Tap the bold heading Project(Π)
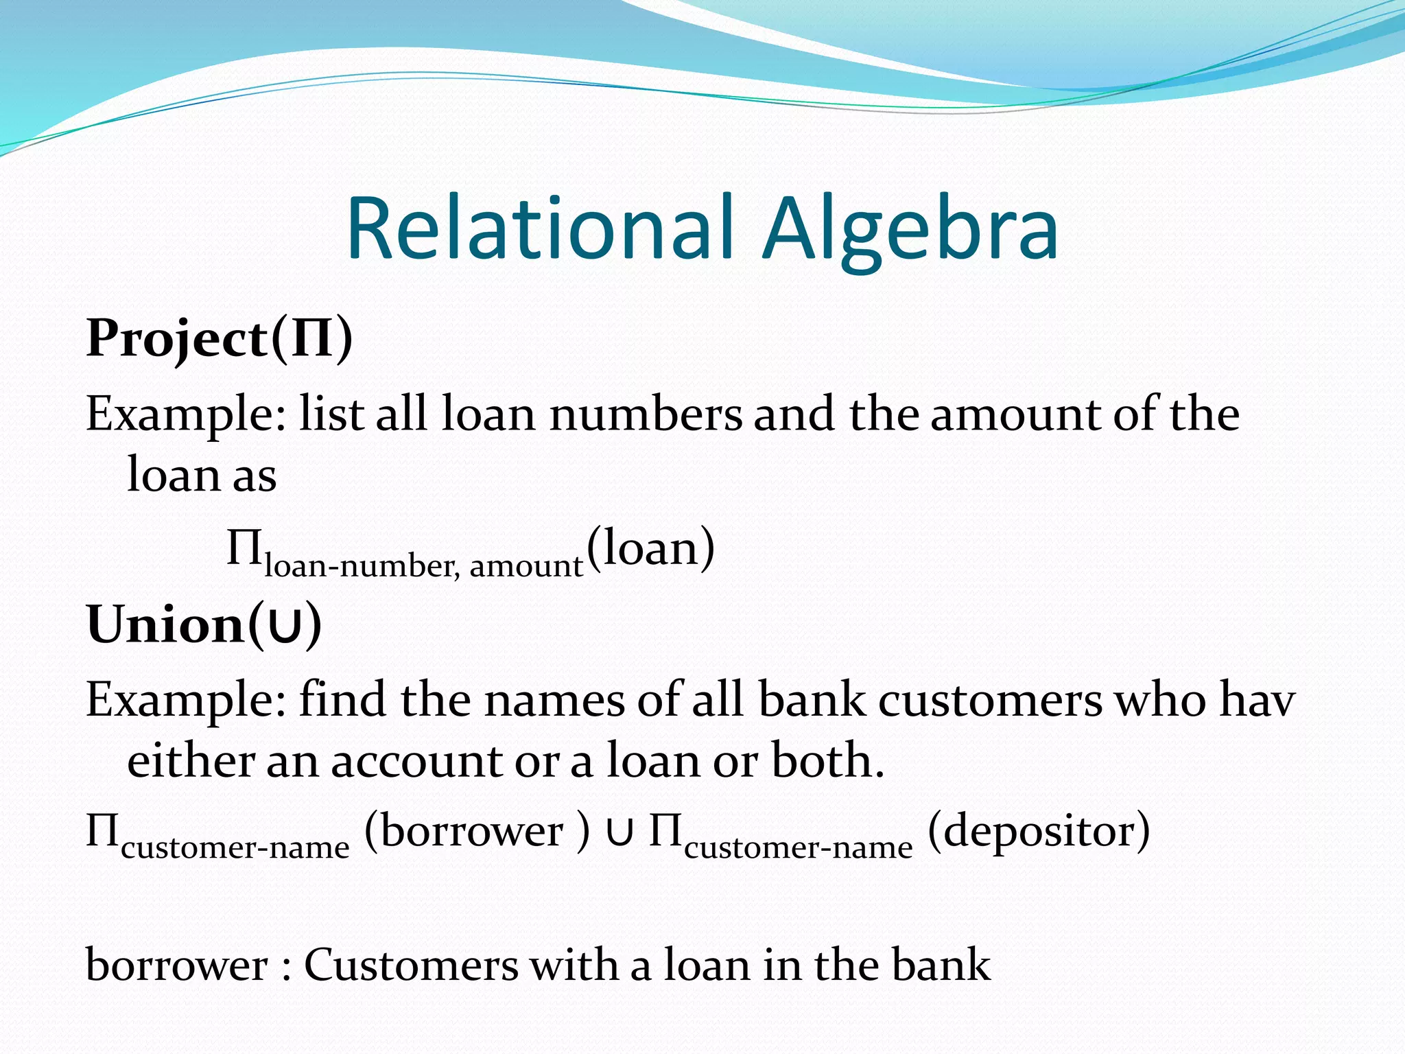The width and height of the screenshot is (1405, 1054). pos(220,338)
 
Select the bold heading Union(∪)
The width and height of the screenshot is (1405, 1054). pos(204,624)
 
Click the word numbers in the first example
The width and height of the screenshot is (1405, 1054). pos(646,414)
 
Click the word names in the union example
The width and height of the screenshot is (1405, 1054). pos(554,700)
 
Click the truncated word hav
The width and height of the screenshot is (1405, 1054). pos(1257,700)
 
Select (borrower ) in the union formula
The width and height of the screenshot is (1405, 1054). pos(477,832)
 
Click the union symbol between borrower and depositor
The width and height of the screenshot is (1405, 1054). pos(619,833)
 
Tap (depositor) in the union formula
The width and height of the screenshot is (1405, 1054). pos(1039,832)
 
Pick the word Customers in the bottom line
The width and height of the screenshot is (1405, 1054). pos(411,965)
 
